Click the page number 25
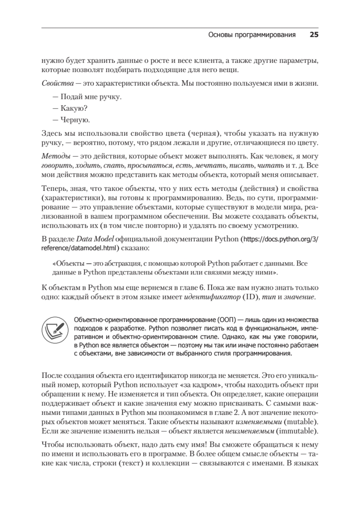314,35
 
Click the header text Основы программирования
252,35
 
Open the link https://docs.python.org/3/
280,239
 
